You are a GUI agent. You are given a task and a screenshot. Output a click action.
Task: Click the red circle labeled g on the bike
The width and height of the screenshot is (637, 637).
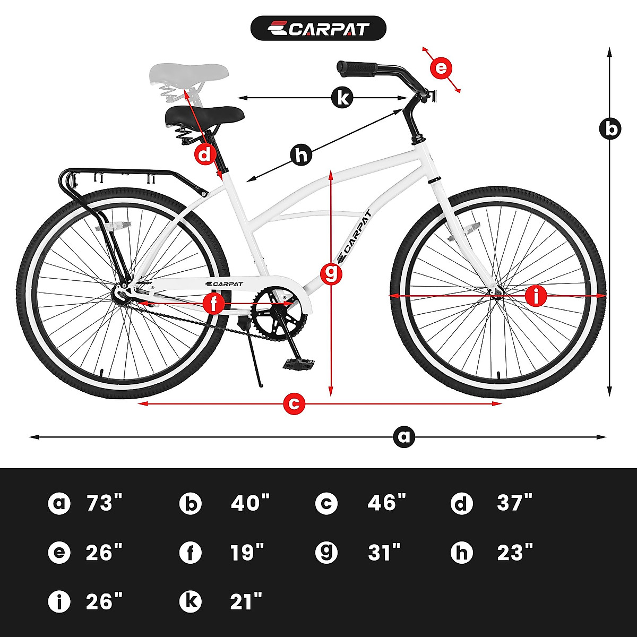(331, 273)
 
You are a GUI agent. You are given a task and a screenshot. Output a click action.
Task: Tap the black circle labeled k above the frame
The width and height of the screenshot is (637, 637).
(342, 98)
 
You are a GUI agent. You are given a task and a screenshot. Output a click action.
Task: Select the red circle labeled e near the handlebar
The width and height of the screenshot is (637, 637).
(442, 68)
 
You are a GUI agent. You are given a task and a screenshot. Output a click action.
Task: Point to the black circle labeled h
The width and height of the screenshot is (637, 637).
(302, 156)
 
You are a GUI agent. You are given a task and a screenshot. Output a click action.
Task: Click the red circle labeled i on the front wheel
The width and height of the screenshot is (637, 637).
(536, 296)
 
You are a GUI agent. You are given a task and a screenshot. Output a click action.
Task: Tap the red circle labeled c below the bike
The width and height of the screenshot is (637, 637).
(295, 403)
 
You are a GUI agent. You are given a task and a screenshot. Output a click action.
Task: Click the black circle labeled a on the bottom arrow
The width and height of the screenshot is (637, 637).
(404, 437)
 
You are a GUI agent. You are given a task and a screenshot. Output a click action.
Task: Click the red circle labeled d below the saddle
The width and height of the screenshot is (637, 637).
(205, 155)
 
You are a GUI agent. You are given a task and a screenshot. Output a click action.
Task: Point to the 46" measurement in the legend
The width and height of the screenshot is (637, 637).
(386, 503)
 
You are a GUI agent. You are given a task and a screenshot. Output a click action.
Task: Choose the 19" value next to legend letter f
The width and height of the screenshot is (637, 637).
(247, 553)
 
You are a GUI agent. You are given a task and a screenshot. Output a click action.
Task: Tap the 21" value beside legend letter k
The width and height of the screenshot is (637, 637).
(246, 602)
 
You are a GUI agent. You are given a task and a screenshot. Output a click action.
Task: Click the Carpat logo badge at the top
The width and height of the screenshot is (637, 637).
(318, 28)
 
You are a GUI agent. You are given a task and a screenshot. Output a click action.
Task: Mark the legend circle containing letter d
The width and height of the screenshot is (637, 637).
(461, 503)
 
